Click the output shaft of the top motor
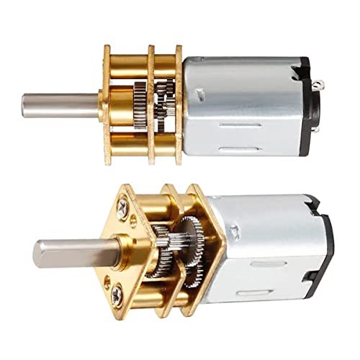pos(61,104)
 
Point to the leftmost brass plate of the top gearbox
pos(107,104)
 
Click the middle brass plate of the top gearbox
pos(152,104)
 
